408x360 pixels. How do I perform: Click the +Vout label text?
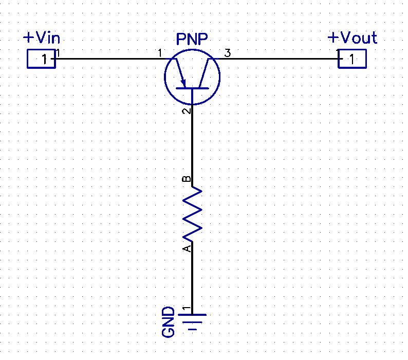[352, 38]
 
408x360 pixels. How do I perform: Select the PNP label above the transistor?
[192, 40]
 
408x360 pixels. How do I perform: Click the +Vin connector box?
[41, 59]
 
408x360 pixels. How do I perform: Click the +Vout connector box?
[352, 59]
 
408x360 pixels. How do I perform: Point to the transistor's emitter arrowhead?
[183, 83]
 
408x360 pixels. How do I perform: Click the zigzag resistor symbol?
[192, 215]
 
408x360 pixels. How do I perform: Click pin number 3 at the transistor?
[228, 53]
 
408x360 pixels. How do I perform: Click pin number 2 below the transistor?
[187, 110]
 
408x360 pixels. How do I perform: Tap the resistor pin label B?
[187, 179]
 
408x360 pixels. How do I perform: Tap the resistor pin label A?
[187, 248]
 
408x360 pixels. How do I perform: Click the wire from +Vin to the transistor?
[108, 59]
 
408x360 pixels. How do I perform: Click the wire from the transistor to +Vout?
[277, 59]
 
